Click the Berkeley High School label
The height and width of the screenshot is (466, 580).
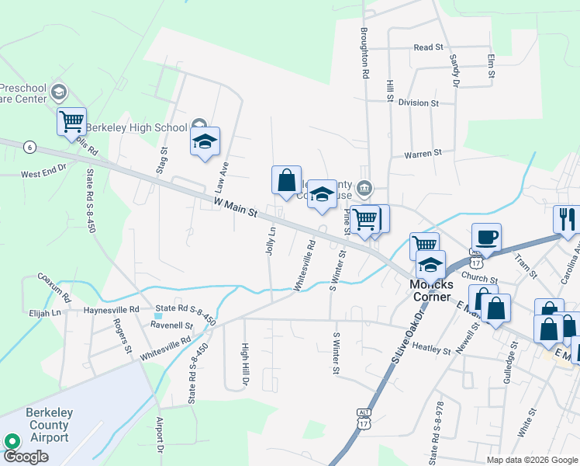(136, 127)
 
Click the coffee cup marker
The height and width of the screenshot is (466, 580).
(486, 237)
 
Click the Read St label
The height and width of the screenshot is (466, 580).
(428, 47)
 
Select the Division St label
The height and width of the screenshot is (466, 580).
(419, 103)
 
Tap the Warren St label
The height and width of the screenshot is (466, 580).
(423, 154)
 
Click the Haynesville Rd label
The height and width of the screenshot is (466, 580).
(112, 309)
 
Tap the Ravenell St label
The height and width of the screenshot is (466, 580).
(171, 325)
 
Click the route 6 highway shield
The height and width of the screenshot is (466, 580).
(29, 146)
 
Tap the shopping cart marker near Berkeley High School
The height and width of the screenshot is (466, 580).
(71, 121)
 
